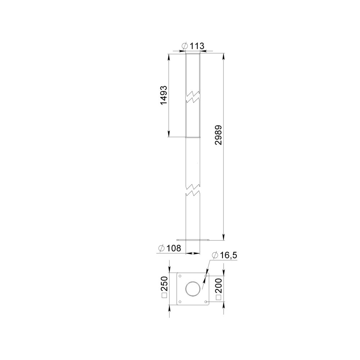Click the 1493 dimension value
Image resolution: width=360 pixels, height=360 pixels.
(x=163, y=96)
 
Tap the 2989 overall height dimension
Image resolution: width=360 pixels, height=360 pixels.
(x=219, y=135)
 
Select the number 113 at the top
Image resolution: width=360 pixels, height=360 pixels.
(x=197, y=46)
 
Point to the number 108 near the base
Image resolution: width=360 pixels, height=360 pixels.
(x=174, y=248)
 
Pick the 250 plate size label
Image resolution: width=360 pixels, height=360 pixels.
(x=165, y=284)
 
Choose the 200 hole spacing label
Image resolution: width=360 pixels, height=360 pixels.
(x=219, y=285)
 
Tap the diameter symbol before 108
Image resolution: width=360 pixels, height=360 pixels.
(x=162, y=248)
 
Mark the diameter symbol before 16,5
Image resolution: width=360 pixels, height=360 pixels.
(x=216, y=255)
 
